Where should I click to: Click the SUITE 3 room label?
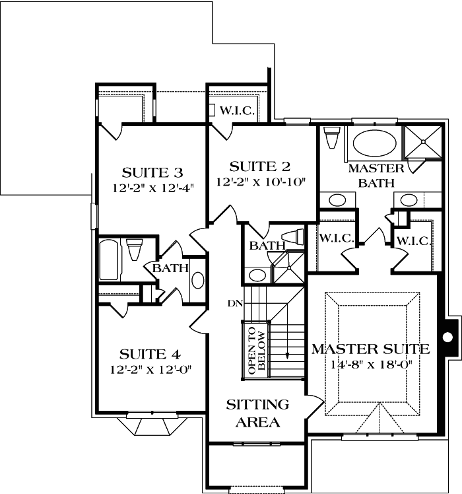[x=153, y=173]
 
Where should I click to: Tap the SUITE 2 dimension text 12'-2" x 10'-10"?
[x=259, y=182]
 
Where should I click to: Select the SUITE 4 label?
[x=151, y=353]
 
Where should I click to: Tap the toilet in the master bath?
[x=331, y=139]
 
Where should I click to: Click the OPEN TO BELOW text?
[x=256, y=350]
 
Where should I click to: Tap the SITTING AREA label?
[x=257, y=413]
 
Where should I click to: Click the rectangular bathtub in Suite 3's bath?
[x=109, y=260]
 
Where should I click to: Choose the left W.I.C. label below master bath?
[x=337, y=238]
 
